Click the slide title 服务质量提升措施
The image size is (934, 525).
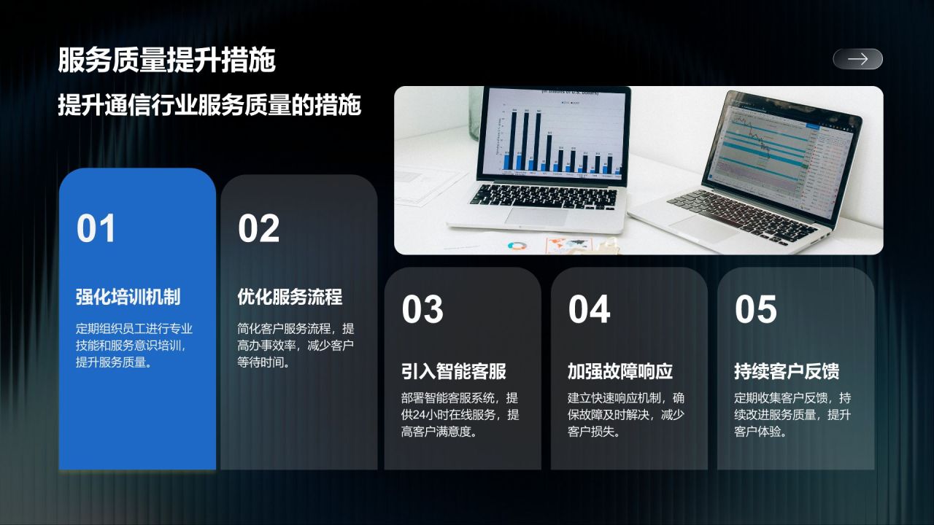(166, 60)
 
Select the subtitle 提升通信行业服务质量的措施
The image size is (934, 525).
(209, 105)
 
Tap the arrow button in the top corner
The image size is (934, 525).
(857, 59)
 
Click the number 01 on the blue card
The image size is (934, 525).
(96, 229)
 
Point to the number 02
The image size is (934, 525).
(258, 229)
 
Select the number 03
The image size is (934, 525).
(422, 309)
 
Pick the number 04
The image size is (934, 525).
(589, 309)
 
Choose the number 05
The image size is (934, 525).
(755, 309)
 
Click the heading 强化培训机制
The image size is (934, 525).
(128, 297)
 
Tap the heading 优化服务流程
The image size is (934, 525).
(290, 297)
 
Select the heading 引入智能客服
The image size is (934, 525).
(454, 371)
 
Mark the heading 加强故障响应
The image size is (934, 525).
(620, 371)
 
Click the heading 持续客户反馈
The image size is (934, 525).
(787, 371)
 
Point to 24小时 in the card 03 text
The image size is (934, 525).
(436, 415)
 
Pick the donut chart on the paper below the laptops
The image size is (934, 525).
(517, 246)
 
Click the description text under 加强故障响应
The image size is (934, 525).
(626, 414)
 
